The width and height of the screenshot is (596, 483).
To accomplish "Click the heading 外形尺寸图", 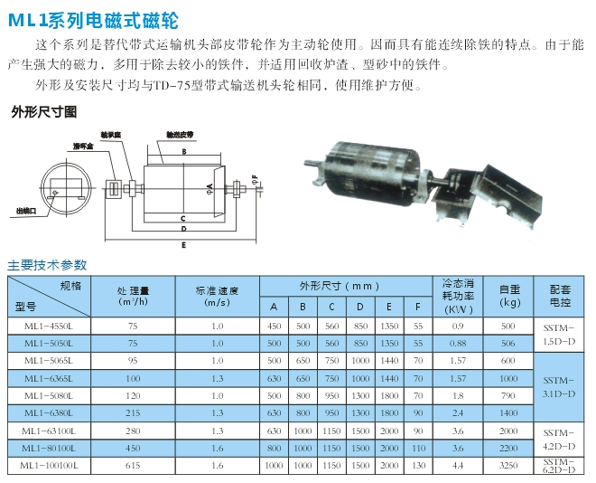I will (x=44, y=112).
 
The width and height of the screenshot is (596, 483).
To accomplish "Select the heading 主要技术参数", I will (x=48, y=265).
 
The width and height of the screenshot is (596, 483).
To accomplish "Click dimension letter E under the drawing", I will (x=183, y=244).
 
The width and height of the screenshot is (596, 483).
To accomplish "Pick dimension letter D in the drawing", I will (x=183, y=231).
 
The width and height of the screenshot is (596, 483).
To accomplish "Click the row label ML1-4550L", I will (x=50, y=326).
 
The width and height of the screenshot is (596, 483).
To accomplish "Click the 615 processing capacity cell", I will (x=134, y=465).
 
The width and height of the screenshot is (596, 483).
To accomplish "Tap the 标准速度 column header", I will (x=217, y=296).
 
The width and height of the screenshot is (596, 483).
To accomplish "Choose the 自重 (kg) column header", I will (x=508, y=296).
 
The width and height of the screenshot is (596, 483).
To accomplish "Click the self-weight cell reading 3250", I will (x=508, y=465).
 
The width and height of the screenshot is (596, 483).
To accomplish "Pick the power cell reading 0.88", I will (x=458, y=344).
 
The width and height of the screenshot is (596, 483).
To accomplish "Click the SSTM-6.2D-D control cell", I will (x=560, y=465).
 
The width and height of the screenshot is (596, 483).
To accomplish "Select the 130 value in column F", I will (x=418, y=465).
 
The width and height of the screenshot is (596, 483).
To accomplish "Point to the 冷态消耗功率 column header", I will (x=458, y=295).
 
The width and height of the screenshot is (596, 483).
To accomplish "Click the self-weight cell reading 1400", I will (x=508, y=412).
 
